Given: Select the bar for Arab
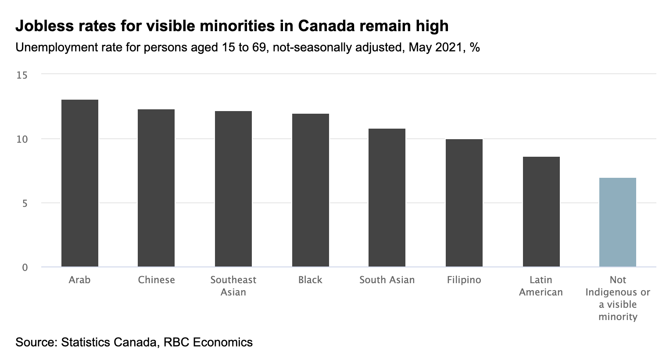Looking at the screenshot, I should (x=79, y=183).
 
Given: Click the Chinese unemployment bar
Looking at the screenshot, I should (x=156, y=188).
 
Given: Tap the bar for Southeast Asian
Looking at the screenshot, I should (x=233, y=189).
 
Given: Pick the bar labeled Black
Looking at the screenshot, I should (x=310, y=190).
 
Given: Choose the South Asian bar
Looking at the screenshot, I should (x=387, y=198).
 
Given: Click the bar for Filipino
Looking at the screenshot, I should (x=464, y=203).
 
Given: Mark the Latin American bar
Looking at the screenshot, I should (x=541, y=212).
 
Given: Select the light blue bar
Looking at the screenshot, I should (x=618, y=222).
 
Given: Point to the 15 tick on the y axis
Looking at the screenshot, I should (x=22, y=75).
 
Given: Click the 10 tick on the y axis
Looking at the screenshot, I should (x=22, y=139).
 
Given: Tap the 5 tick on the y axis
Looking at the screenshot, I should (x=25, y=203).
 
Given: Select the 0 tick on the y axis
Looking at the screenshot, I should (x=25, y=267).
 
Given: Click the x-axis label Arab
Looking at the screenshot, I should (x=79, y=280).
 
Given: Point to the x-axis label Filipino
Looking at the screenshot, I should (x=464, y=280).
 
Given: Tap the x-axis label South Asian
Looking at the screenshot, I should (x=387, y=280).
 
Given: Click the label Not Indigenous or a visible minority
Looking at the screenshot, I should (x=618, y=299).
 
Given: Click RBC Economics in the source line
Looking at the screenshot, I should (x=208, y=342).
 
